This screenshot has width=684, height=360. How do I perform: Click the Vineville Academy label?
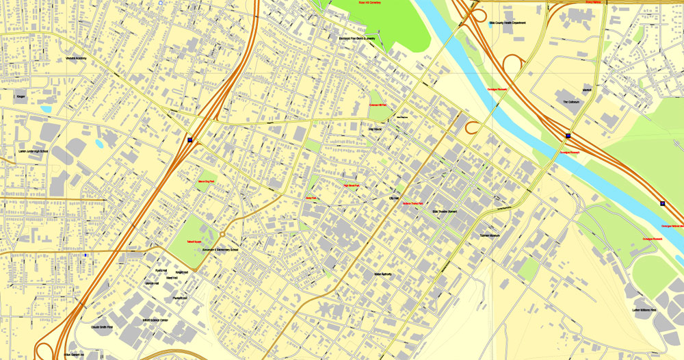tap(76, 58)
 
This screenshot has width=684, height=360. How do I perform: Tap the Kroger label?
tap(21, 97)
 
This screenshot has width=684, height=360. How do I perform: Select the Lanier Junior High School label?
tap(34, 151)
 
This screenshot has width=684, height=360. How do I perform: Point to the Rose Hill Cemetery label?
tap(369, 3)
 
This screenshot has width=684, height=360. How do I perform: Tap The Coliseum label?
tap(571, 101)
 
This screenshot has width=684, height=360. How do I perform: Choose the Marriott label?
tap(586, 90)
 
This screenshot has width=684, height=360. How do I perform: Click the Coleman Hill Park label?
tap(378, 105)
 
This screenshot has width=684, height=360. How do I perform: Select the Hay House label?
tap(376, 129)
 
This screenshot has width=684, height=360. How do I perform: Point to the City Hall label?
tap(393, 198)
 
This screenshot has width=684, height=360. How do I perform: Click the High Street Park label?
tap(351, 185)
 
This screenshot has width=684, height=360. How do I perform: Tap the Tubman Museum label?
tap(490, 235)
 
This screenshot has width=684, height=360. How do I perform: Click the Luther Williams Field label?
tap(644, 310)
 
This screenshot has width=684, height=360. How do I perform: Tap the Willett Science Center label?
tap(155, 320)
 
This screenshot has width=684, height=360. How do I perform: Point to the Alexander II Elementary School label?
tap(220, 250)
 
